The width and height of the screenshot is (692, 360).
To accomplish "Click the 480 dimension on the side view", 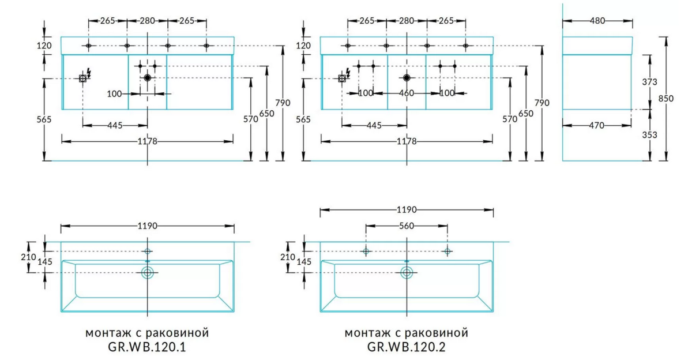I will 597,21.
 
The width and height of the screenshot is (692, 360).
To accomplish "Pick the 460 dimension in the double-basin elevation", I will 407,92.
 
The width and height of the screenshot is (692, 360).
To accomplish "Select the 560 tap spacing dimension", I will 407,226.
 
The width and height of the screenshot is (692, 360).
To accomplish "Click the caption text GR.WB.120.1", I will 147,348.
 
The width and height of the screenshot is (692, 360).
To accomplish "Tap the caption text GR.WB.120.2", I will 407,348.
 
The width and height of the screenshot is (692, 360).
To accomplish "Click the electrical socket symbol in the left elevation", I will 83,78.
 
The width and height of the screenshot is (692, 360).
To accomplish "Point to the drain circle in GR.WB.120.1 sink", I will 148,273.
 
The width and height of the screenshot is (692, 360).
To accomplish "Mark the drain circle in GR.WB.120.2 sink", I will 407,273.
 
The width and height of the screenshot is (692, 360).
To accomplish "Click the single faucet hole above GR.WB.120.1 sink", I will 148,252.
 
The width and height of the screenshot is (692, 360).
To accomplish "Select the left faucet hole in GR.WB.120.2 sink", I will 366,251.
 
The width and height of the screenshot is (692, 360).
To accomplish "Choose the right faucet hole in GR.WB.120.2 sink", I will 447,251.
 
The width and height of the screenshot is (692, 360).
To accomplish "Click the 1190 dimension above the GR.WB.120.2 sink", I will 407,209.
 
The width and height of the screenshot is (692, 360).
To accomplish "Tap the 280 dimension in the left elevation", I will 147,21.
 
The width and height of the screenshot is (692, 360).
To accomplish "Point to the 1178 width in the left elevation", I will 147,141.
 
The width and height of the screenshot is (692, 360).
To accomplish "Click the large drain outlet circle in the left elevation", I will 148,77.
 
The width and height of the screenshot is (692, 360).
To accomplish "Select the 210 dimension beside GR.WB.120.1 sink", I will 32,257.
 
